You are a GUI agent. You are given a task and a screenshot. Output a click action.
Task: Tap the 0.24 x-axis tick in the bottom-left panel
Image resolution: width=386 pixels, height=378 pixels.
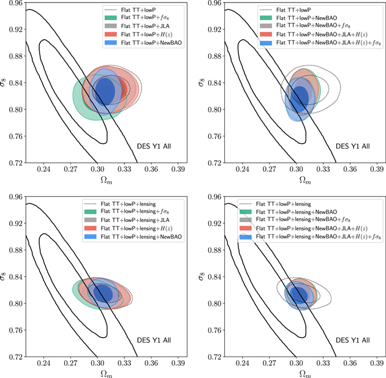[x=44, y=361]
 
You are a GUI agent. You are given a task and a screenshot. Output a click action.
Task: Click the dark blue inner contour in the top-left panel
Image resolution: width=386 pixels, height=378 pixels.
[x=105, y=91]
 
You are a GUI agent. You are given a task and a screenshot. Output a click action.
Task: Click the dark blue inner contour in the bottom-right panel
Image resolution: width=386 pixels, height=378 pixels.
[x=298, y=294]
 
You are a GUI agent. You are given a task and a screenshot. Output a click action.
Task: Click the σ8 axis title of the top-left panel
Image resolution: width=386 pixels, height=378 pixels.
[x=5, y=83]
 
